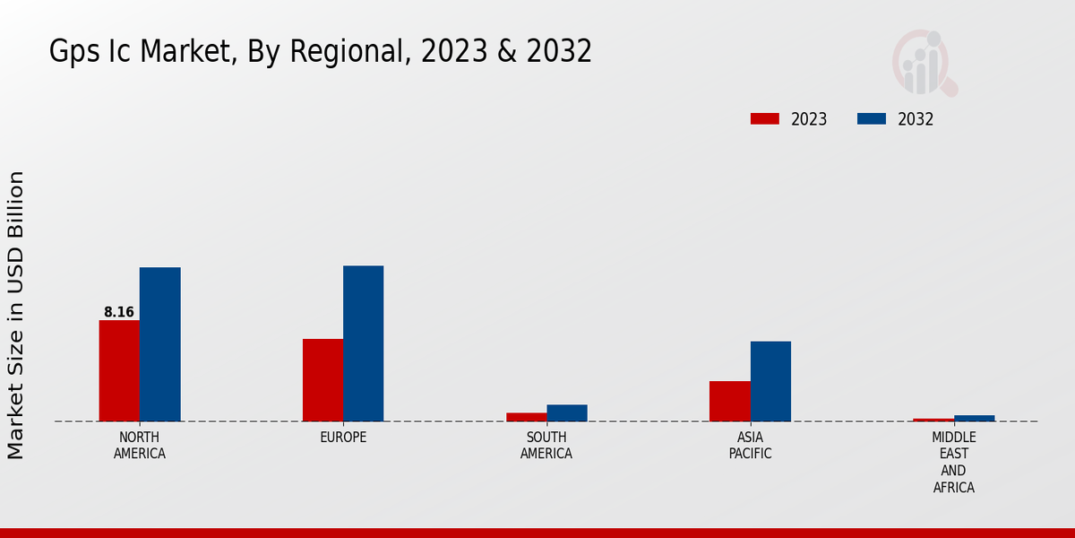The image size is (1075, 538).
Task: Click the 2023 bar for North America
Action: click(119, 370)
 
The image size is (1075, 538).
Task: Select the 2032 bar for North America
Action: click(159, 344)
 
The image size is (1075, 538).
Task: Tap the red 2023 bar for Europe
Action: click(322, 380)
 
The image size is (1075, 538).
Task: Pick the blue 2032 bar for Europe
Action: click(363, 343)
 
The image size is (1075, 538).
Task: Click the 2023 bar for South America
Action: click(526, 417)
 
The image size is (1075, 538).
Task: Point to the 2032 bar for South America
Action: click(567, 412)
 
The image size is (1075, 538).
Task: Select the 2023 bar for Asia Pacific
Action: click(729, 401)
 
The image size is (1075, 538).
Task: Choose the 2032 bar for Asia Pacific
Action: click(770, 381)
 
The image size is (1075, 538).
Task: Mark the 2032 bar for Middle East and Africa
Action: click(974, 418)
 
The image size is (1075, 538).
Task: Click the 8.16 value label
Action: click(119, 312)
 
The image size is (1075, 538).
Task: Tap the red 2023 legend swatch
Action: click(765, 119)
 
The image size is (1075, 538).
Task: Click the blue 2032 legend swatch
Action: click(872, 119)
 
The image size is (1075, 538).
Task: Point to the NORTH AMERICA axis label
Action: click(140, 446)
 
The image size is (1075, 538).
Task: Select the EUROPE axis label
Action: click(343, 438)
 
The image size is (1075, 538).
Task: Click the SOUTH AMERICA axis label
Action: click(546, 446)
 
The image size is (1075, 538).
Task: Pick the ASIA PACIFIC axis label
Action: click(750, 446)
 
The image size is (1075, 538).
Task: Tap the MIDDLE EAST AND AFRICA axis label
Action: click(953, 463)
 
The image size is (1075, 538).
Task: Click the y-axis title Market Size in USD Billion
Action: click(16, 316)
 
